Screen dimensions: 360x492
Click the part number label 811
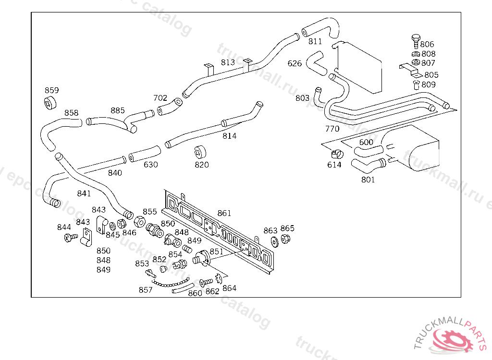[315, 41]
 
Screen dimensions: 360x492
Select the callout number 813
[228, 62]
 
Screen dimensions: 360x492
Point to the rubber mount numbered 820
[200, 152]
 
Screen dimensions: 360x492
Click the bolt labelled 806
[416, 39]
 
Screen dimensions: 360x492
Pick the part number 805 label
[431, 75]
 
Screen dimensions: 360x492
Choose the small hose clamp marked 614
[336, 154]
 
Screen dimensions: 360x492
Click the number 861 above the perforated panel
[224, 213]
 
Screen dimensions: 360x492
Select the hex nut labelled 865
[285, 239]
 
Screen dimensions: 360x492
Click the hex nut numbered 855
[139, 222]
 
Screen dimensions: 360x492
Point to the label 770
[332, 129]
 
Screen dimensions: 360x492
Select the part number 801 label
[368, 180]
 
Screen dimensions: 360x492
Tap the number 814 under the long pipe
[230, 136]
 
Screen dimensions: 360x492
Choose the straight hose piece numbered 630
[144, 153]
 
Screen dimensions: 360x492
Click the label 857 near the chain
[146, 290]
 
